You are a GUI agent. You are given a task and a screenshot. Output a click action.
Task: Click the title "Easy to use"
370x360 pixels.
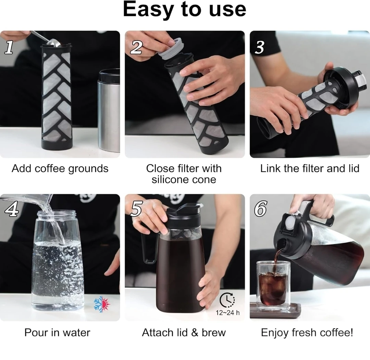185,10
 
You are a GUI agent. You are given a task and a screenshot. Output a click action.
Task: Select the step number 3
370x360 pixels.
260,47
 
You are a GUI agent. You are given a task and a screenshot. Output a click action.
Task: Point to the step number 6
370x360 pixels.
260,209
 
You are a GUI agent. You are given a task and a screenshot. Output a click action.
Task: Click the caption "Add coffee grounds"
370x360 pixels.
60,169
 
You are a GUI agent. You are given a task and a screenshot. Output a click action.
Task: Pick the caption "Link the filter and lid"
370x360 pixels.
310,169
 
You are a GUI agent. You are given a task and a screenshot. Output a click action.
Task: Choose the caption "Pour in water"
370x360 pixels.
57,333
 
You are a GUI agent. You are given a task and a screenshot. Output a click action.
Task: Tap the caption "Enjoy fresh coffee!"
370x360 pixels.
307,333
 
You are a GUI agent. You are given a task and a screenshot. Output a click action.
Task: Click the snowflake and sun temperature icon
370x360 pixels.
102,305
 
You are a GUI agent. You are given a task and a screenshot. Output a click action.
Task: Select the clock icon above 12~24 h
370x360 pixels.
227,300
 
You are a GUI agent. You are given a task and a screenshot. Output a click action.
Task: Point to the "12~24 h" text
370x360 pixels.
227,313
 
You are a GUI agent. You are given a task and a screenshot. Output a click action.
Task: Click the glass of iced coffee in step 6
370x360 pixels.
273,286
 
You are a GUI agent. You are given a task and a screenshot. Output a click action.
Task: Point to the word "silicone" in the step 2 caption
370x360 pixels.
170,180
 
